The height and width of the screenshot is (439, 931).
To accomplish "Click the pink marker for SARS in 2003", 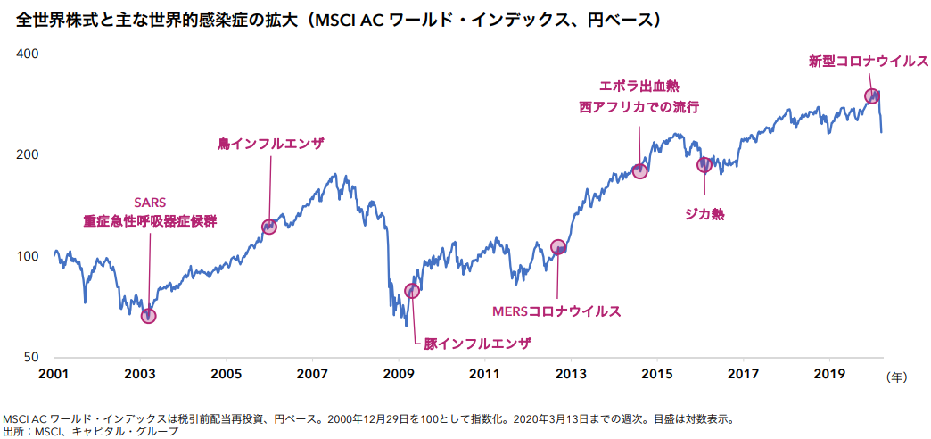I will (148, 315).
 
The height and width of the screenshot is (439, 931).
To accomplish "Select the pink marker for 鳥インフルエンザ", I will (268, 227).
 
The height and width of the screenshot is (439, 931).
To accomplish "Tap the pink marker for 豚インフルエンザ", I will (412, 291).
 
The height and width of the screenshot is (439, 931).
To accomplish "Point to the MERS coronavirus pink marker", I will (558, 247).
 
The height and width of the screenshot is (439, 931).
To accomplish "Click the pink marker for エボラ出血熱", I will (639, 170).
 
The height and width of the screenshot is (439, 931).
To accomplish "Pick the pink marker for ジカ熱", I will (704, 164).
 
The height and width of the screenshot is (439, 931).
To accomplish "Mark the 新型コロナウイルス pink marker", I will (872, 95).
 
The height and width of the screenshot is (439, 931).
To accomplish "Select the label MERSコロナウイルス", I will (556, 311).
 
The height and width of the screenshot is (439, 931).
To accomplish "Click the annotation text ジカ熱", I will (704, 214).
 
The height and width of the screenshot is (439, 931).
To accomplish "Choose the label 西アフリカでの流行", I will (639, 107).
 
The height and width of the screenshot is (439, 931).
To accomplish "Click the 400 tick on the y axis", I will (29, 54).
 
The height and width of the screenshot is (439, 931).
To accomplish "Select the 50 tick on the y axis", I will (32, 357).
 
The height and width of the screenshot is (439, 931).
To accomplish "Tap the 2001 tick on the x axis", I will (54, 373).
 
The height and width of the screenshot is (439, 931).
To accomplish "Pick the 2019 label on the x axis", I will (829, 373).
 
